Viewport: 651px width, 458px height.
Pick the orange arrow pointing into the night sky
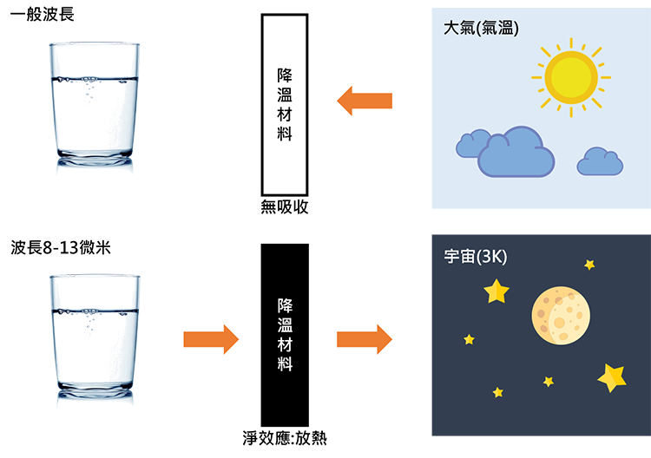click(x=363, y=337)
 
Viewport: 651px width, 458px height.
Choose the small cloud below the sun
click(x=600, y=161)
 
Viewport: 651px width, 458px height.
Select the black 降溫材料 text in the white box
click(x=285, y=105)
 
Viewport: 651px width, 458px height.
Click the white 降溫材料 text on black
click(x=285, y=334)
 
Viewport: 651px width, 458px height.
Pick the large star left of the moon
click(x=496, y=291)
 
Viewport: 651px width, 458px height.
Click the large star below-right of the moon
click(x=612, y=377)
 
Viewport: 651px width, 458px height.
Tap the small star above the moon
click(x=589, y=264)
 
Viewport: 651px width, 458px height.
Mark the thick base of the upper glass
click(x=96, y=158)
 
